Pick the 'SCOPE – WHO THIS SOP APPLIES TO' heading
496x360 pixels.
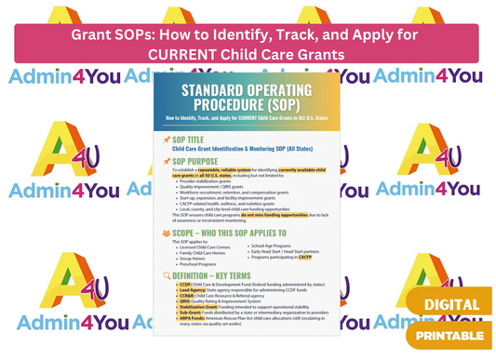[x=237, y=229]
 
